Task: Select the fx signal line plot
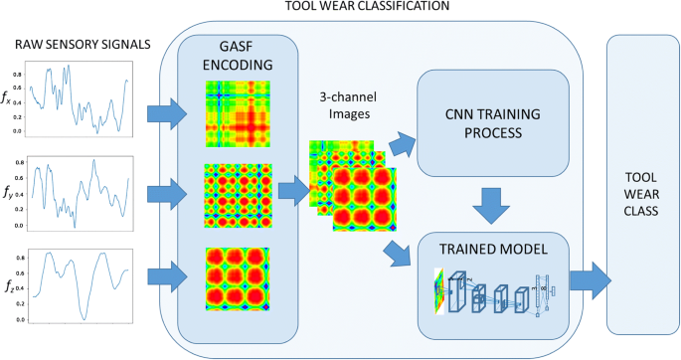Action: pyautogui.click(x=80, y=100)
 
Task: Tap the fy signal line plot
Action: pyautogui.click(x=80, y=190)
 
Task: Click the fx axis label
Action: pyautogui.click(x=11, y=100)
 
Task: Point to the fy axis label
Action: pyautogui.click(x=11, y=192)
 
